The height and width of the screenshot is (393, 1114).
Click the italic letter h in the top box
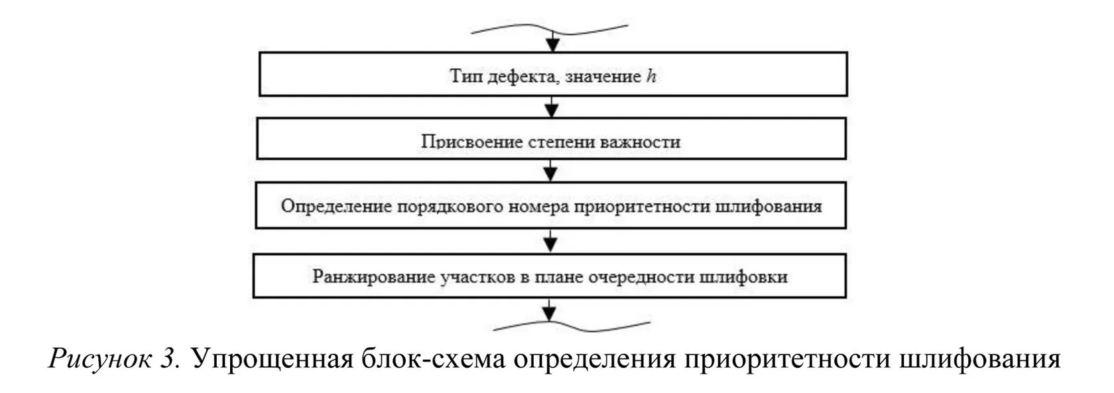pyautogui.click(x=651, y=76)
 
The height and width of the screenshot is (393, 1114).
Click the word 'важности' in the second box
pyautogui.click(x=641, y=142)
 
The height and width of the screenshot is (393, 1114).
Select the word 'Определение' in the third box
pyautogui.click(x=336, y=206)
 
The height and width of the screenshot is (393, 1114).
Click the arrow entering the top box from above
pyautogui.click(x=552, y=42)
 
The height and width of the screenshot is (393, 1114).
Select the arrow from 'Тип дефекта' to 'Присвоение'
pyautogui.click(x=552, y=107)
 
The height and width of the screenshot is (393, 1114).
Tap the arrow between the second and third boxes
pyautogui.click(x=550, y=171)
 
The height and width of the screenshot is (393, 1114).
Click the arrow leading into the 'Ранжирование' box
pyautogui.click(x=550, y=241)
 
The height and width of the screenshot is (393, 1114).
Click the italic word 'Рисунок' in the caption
pyautogui.click(x=99, y=359)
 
